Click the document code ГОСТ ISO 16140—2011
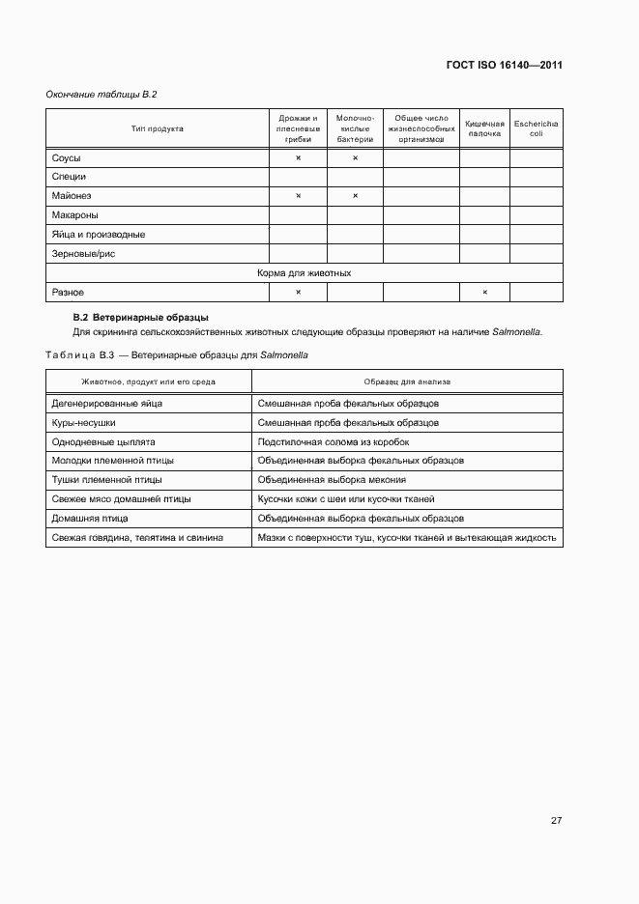tap(504, 66)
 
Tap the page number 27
tap(556, 821)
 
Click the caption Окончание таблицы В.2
tap(102, 95)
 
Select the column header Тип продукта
tap(158, 128)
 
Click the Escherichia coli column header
tap(536, 128)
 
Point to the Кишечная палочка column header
tap(484, 128)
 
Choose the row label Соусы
tap(67, 157)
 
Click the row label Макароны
tap(75, 215)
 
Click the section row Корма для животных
tap(304, 273)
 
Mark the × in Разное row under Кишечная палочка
tap(484, 293)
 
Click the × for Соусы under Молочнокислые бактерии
tap(355, 157)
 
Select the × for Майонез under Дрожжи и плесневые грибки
tap(298, 196)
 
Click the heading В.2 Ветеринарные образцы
tap(141, 317)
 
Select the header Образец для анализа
tap(407, 381)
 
